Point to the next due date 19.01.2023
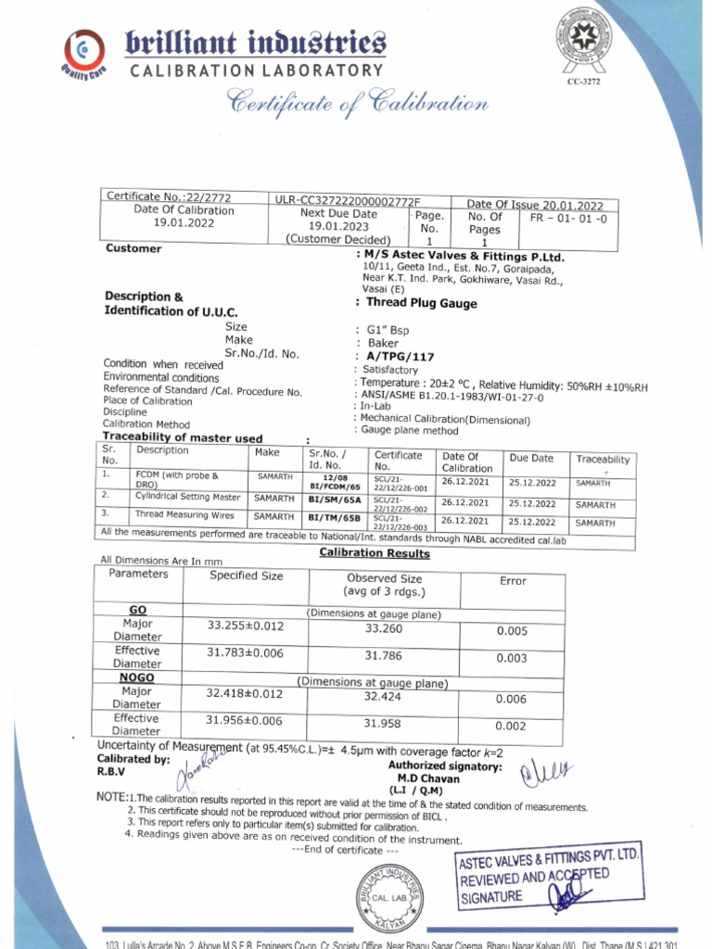click(338, 225)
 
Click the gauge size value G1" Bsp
click(388, 330)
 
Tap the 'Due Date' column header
click(531, 458)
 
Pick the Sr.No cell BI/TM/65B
click(336, 515)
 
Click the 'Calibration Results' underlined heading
click(375, 553)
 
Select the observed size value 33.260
click(384, 628)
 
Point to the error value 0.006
click(511, 700)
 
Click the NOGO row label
click(136, 677)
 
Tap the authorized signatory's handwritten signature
click(547, 771)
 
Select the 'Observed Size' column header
click(384, 578)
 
